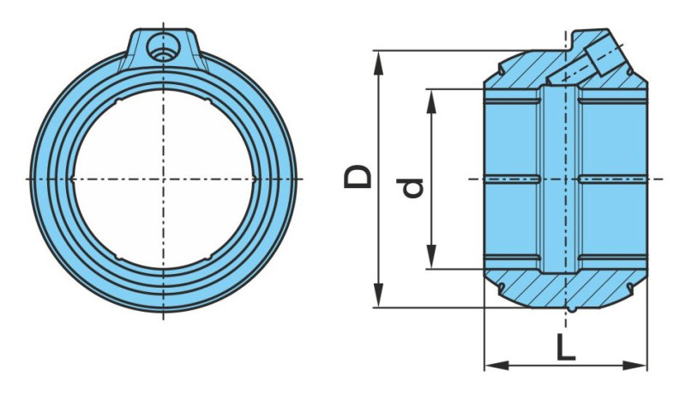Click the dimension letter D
point(358,177)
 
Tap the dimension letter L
point(566,347)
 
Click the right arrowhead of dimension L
point(635,365)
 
